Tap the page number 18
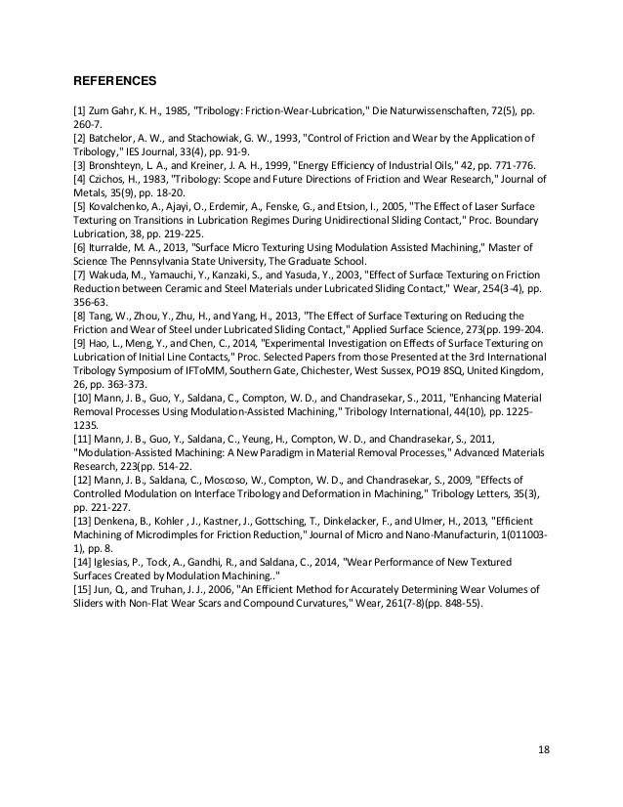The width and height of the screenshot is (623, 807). [x=544, y=749]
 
